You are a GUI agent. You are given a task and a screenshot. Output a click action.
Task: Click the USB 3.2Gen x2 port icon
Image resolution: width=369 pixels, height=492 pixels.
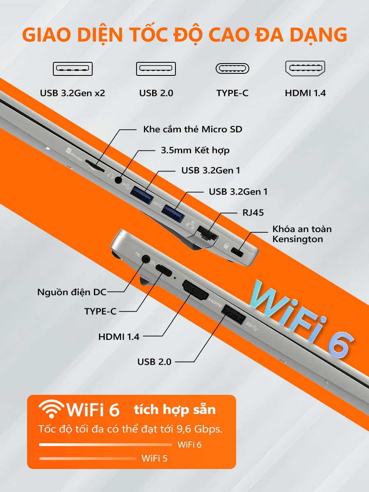[x=73, y=69]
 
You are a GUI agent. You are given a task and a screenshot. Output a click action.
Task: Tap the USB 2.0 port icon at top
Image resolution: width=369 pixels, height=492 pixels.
[x=156, y=69]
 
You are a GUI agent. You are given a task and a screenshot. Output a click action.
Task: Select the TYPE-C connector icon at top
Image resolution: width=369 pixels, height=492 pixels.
[x=232, y=68]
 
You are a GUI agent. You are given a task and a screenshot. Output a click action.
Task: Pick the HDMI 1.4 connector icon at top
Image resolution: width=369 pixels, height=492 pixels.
[x=305, y=68]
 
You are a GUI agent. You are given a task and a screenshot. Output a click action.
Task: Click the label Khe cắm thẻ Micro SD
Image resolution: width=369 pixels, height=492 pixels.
[x=193, y=129]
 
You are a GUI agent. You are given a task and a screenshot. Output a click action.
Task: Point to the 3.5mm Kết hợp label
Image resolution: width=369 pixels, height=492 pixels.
[x=195, y=150]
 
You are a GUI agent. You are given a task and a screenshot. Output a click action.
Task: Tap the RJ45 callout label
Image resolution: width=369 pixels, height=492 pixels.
[x=253, y=213]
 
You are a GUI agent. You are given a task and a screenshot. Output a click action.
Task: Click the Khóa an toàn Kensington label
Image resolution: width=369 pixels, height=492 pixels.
[x=302, y=234]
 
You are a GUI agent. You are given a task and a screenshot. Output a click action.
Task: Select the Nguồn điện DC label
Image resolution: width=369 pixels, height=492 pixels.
[x=72, y=292]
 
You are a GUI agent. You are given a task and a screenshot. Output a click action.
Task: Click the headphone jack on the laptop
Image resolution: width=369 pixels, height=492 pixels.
[x=118, y=180]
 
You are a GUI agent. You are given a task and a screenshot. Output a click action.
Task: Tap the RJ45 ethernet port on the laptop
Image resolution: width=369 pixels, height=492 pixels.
[x=207, y=234]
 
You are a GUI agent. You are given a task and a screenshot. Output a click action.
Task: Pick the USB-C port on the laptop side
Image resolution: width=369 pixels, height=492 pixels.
[x=164, y=270]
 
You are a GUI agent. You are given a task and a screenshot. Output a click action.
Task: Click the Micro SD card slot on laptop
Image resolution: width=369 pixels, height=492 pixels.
[x=95, y=166]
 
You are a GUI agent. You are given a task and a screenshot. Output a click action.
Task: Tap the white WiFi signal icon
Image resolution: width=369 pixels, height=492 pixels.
[x=51, y=409]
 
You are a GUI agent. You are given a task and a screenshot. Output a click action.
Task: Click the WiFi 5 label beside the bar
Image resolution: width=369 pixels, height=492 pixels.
[x=155, y=458]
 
